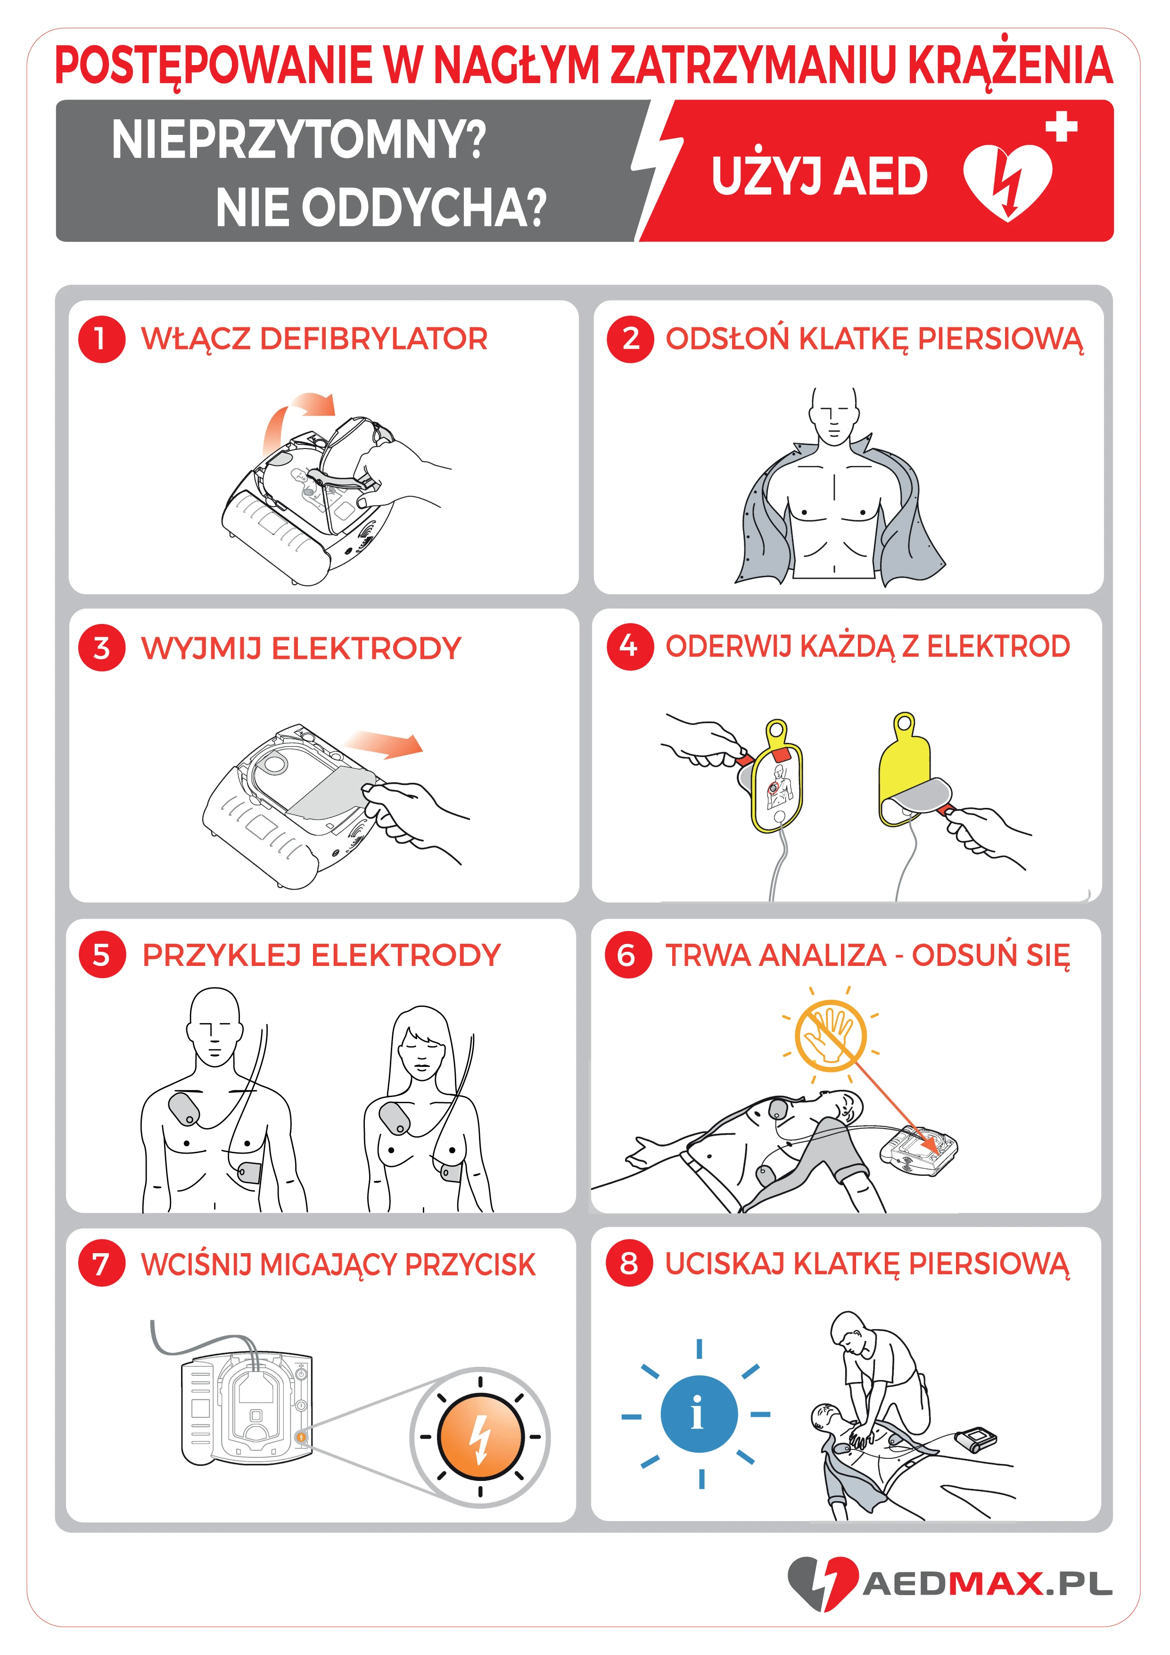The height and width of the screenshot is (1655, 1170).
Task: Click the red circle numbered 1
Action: [101, 339]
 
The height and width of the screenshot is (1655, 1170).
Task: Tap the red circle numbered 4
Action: [630, 647]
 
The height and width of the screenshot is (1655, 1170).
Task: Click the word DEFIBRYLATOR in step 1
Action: [374, 339]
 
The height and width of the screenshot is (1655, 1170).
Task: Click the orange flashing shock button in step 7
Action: [480, 1437]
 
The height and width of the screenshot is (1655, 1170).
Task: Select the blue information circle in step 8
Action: [699, 1414]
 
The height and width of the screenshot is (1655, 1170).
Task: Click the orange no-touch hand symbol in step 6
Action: [830, 1036]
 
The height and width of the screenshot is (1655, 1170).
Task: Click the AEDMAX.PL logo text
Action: [988, 1584]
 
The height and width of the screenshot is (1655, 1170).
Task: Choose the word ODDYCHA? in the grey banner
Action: [422, 208]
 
